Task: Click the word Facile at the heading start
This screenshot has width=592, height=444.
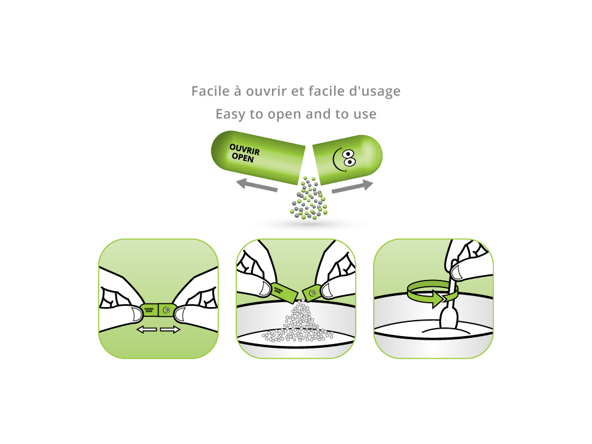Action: click(x=208, y=91)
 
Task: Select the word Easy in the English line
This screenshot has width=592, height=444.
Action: click(x=229, y=114)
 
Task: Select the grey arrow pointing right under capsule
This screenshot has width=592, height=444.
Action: click(x=353, y=186)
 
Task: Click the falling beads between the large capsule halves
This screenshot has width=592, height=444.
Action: click(x=307, y=199)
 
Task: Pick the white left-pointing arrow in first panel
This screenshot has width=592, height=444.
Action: click(x=146, y=330)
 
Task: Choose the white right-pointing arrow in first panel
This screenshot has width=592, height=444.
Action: click(x=170, y=330)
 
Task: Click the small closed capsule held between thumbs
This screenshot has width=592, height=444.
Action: click(x=158, y=310)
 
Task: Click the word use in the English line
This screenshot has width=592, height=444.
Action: click(x=364, y=115)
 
